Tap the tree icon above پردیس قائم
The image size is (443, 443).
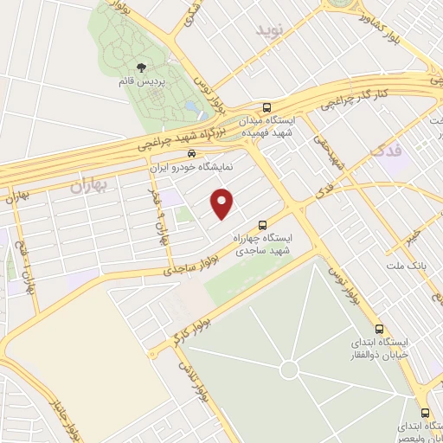click(x=141, y=67)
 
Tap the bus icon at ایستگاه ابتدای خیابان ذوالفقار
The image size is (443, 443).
click(x=379, y=329)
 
